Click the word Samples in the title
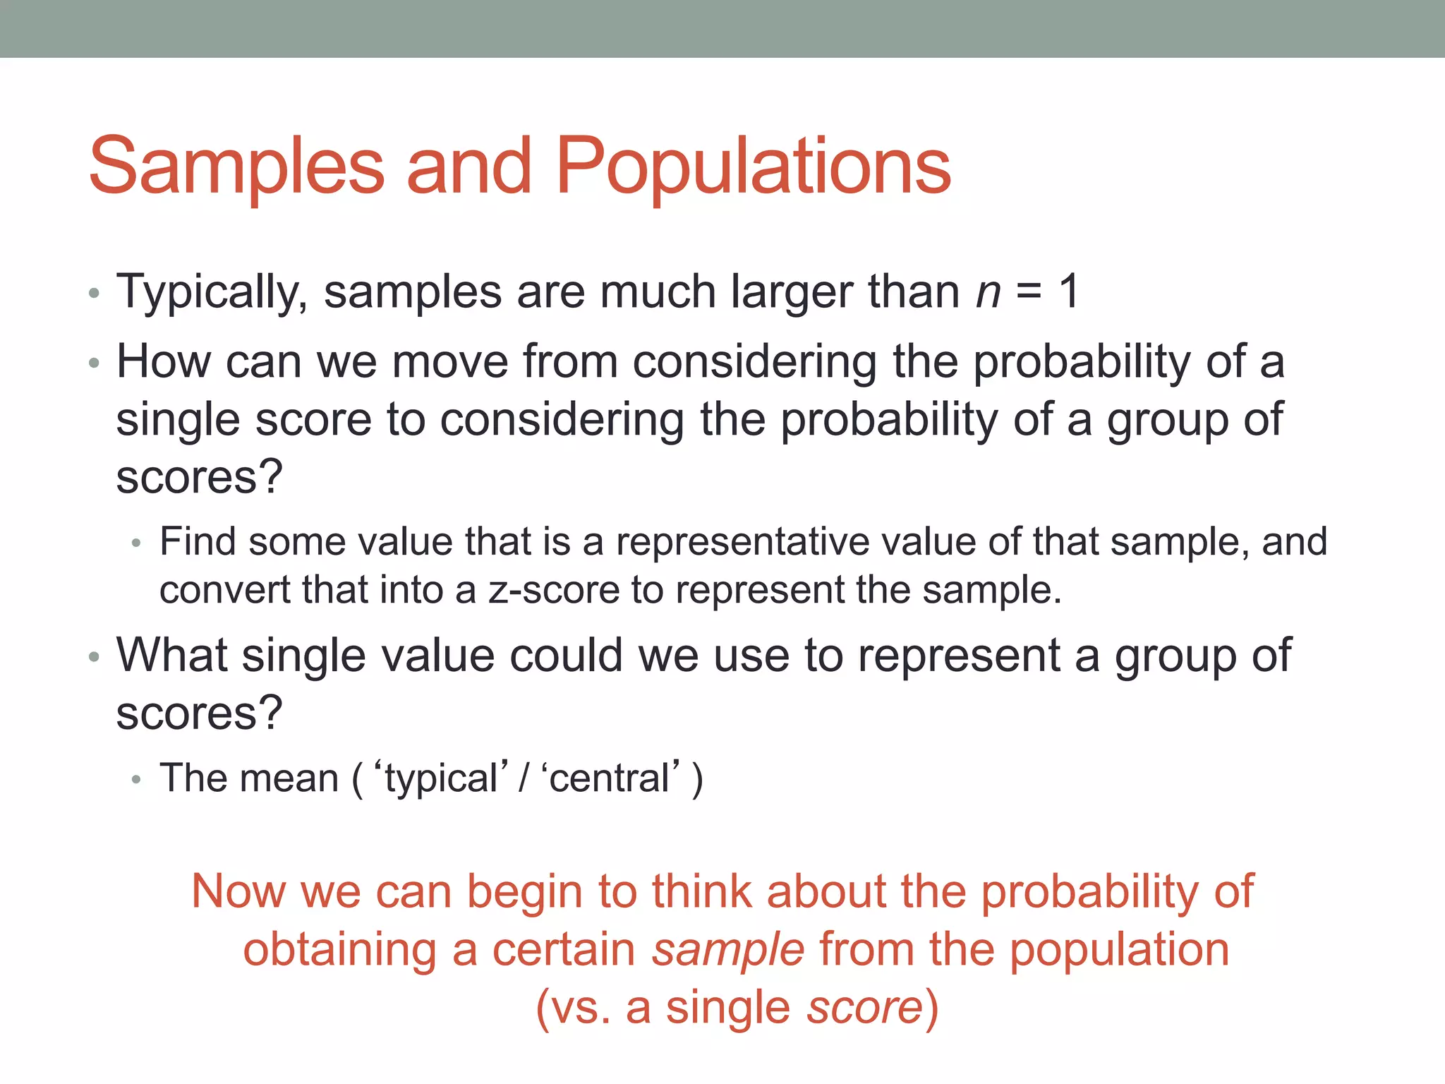coord(236,167)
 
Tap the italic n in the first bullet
coord(988,292)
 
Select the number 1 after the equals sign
coord(1069,291)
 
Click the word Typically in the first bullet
coord(211,292)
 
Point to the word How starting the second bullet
coord(163,361)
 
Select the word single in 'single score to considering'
coord(177,421)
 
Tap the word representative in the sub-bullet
coord(741,542)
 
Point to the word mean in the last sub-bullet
coord(289,778)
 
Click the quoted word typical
coord(441,778)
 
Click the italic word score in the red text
coord(864,1008)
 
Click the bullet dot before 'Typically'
coord(95,294)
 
